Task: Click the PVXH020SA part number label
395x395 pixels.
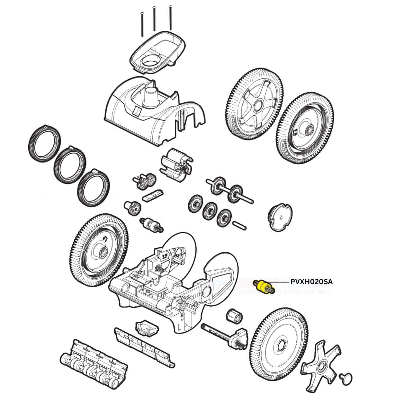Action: [x=311, y=282]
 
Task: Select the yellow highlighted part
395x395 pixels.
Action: [x=264, y=286]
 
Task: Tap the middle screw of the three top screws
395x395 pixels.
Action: [x=155, y=19]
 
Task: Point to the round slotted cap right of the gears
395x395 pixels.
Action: [x=278, y=217]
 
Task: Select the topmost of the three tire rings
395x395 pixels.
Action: [x=45, y=142]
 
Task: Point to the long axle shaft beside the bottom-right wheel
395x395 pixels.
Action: [x=219, y=333]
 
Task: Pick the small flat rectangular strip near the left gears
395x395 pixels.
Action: [x=153, y=195]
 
